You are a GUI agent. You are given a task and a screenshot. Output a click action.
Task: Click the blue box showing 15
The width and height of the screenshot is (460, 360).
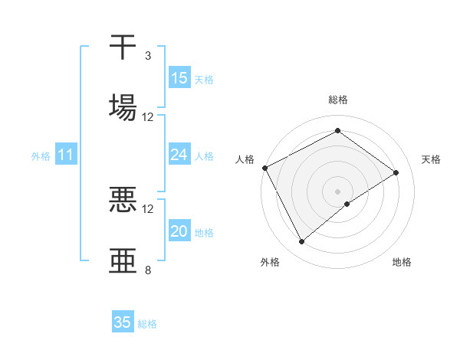click(179, 78)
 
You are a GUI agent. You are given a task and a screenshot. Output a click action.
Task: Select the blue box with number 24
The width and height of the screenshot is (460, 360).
click(179, 155)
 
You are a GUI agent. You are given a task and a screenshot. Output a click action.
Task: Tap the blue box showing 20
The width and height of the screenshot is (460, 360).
click(179, 231)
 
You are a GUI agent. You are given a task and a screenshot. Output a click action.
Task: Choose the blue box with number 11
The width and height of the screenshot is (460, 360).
click(66, 155)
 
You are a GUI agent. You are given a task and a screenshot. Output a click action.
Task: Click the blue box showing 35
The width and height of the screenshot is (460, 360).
click(123, 322)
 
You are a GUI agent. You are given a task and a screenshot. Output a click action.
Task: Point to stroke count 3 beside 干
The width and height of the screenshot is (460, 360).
click(147, 56)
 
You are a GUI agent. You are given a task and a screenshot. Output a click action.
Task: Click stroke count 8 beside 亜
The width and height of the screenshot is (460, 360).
click(147, 270)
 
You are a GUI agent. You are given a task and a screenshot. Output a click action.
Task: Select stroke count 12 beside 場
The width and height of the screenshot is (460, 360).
click(148, 116)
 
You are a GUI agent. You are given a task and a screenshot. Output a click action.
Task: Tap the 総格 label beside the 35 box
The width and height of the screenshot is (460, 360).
click(147, 324)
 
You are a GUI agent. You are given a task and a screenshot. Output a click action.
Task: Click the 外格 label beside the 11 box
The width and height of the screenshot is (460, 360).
click(41, 156)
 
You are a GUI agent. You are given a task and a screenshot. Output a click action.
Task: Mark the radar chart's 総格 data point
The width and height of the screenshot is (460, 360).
click(337, 131)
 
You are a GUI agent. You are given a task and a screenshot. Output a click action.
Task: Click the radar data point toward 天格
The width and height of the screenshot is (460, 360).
click(396, 172)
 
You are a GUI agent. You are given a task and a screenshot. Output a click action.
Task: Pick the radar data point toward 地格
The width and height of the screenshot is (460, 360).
click(347, 204)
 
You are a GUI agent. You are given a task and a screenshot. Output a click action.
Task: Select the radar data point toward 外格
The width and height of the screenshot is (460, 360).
click(301, 242)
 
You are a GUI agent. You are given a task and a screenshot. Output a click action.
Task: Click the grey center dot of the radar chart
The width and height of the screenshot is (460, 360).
click(337, 191)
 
